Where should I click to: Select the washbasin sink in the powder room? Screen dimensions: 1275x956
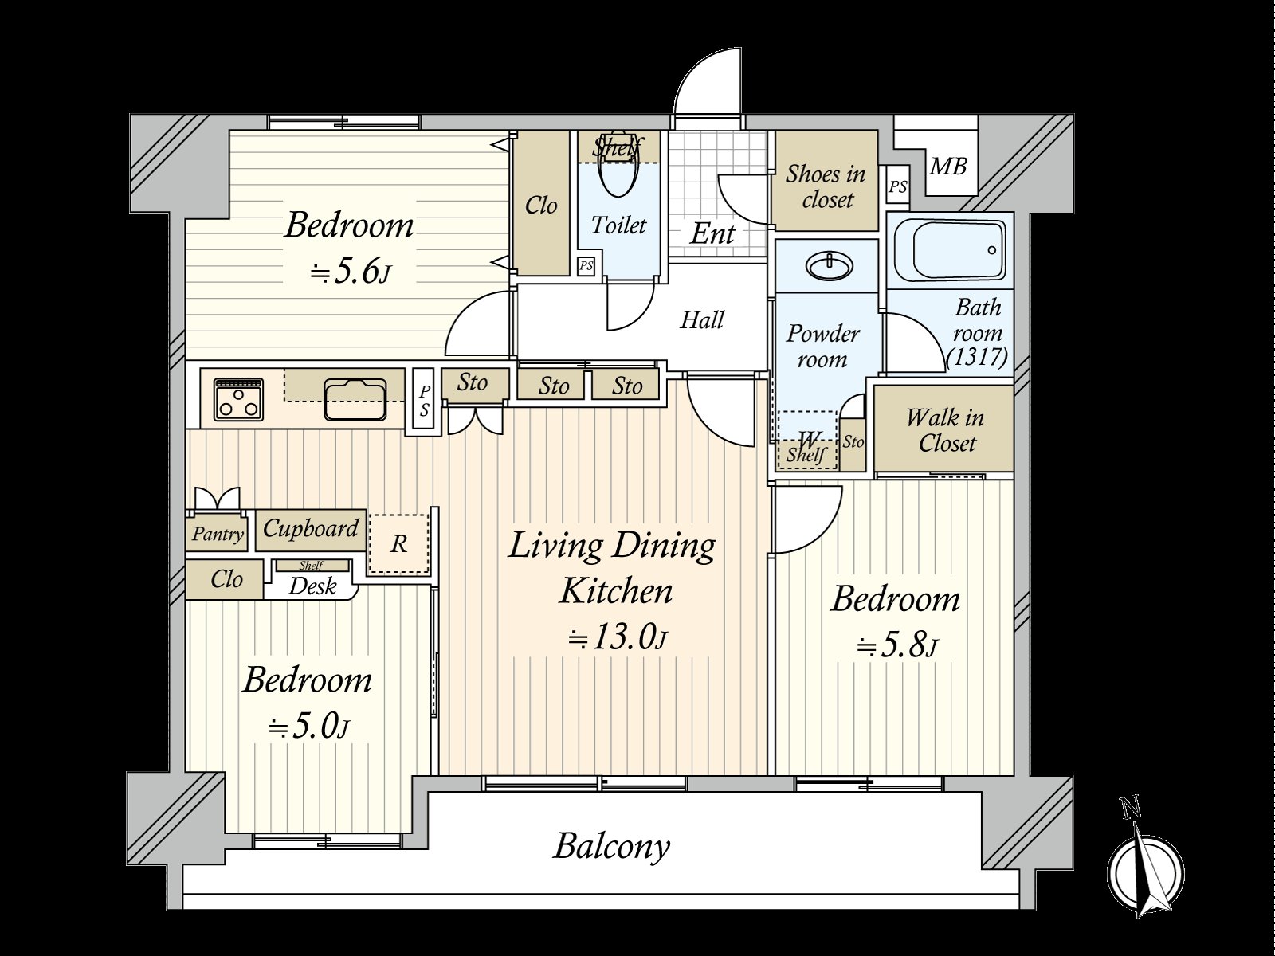tap(830, 266)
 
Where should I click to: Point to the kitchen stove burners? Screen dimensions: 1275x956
tap(238, 399)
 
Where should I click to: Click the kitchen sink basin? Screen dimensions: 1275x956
tap(355, 399)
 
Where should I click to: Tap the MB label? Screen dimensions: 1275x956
tap(948, 167)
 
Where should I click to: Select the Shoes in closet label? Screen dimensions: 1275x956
tap(826, 187)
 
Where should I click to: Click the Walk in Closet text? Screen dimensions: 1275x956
tap(946, 431)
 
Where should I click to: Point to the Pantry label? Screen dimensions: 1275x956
tap(218, 534)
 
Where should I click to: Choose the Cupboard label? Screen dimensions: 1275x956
tap(311, 529)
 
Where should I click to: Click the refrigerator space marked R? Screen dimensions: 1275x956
tap(399, 544)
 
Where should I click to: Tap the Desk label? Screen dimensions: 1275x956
tap(312, 586)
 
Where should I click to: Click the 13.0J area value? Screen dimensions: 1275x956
tap(616, 638)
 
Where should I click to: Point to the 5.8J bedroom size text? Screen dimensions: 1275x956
tap(896, 646)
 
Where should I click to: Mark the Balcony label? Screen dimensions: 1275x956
tap(612, 848)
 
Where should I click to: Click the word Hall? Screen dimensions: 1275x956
tap(702, 319)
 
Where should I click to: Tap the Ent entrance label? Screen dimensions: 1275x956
tap(712, 234)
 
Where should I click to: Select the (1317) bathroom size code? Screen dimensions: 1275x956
tap(977, 356)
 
